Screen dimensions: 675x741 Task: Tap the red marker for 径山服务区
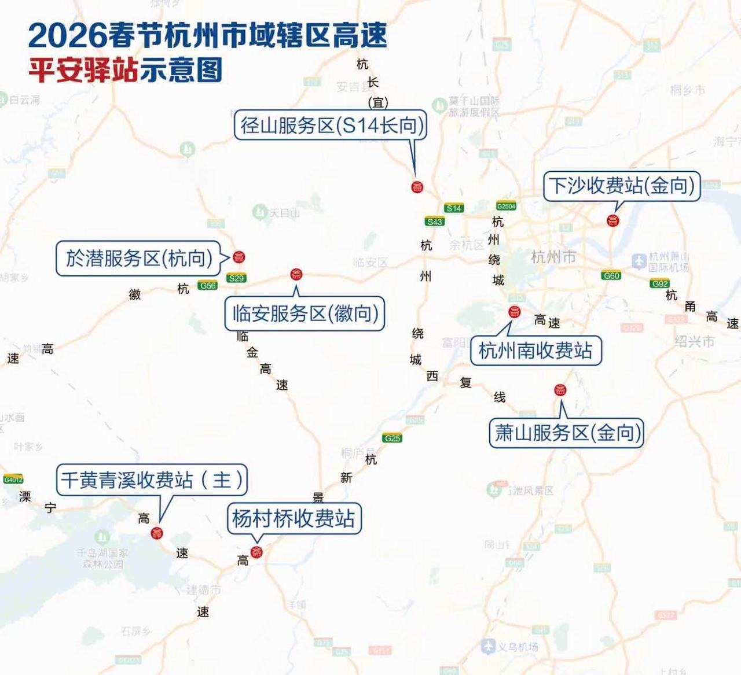point(417,187)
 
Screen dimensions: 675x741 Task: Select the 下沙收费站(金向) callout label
point(622,186)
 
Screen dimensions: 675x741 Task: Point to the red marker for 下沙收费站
point(612,220)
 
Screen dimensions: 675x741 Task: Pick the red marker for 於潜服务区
point(239,257)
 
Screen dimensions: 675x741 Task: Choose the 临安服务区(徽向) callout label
point(305,314)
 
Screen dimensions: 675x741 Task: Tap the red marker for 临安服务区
point(296,274)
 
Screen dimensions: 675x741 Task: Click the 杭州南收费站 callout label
point(535,351)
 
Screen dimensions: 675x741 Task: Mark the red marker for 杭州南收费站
point(514,312)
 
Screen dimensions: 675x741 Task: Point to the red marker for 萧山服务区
point(560,390)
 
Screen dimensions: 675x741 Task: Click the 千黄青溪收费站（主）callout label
point(152,479)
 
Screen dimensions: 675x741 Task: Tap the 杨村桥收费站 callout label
point(294,518)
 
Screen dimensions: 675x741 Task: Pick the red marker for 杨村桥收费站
point(256,552)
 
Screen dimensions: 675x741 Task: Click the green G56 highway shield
point(207,285)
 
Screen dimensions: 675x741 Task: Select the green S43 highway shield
point(434,222)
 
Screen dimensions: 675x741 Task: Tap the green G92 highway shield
point(660,283)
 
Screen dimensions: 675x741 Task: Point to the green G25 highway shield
point(392,438)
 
